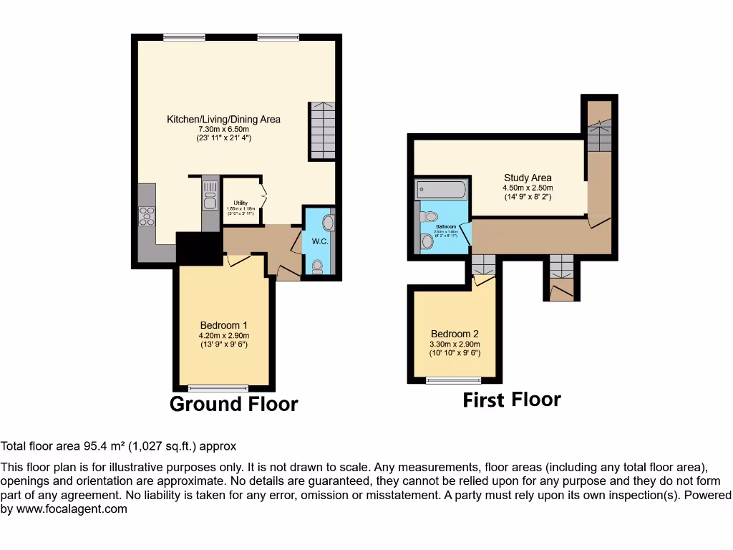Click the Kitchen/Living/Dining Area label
click(223, 119)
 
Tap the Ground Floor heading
click(233, 404)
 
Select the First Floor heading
click(512, 400)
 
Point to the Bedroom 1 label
click(224, 326)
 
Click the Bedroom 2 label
click(455, 334)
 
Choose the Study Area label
click(528, 178)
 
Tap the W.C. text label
click(319, 241)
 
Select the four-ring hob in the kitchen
click(147, 216)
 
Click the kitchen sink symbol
click(210, 194)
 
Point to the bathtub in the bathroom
click(441, 190)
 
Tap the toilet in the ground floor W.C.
click(318, 267)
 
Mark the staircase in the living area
click(322, 130)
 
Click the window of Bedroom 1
click(223, 389)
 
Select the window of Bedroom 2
click(453, 380)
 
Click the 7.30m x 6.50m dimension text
click(223, 129)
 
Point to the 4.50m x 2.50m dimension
click(528, 188)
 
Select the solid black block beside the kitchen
click(198, 249)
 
